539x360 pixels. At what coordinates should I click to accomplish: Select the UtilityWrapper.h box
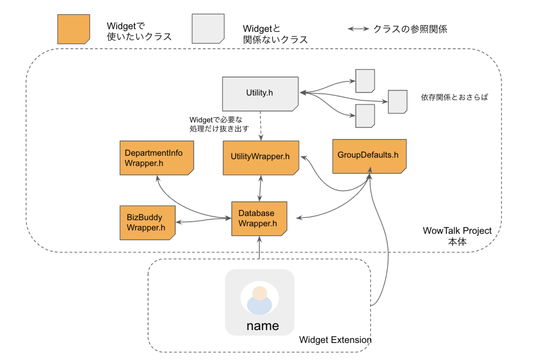click(261, 157)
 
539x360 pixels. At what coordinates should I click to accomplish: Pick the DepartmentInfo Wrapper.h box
click(156, 158)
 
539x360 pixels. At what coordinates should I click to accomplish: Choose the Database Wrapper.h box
click(259, 218)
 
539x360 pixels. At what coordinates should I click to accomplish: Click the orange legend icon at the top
click(74, 29)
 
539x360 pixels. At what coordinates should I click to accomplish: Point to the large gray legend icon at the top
click(208, 29)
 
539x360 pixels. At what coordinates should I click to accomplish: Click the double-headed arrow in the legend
click(358, 30)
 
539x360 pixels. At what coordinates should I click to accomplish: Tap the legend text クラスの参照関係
click(410, 29)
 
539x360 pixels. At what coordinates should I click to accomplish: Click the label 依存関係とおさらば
click(454, 97)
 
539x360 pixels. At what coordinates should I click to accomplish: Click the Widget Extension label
click(335, 340)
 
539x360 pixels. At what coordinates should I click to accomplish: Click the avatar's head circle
click(260, 293)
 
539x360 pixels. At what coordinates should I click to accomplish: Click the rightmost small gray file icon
click(398, 101)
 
